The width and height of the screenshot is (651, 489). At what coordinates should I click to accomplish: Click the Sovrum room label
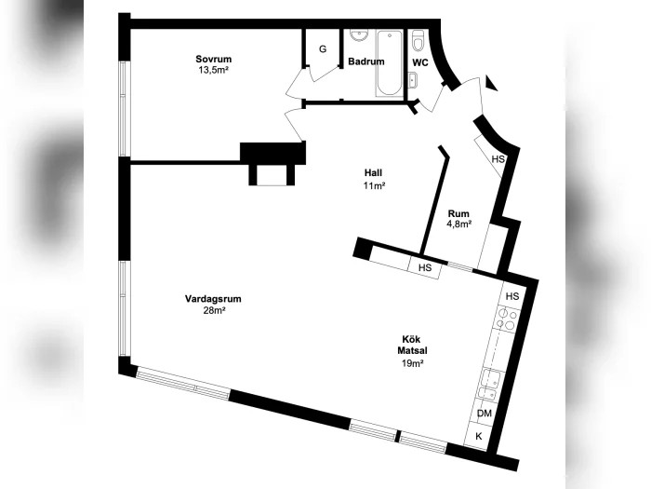pos(213,59)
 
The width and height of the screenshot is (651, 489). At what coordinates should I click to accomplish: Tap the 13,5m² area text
pos(213,70)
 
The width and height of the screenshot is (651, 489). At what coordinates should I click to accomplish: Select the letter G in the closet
pos(323,49)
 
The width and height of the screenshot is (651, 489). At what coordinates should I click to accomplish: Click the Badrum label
pos(366,61)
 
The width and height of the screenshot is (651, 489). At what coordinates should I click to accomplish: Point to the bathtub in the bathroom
pos(390,63)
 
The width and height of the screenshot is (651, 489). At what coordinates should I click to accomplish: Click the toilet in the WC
pos(418,40)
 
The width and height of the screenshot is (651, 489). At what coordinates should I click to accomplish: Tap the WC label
pos(420,62)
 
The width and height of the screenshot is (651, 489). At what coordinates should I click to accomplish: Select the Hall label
pos(373,172)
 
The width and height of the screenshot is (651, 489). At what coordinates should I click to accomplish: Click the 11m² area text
pos(374,186)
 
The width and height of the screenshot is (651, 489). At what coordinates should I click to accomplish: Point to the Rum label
pos(458,213)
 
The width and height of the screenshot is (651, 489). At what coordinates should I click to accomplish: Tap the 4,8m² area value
pos(458,224)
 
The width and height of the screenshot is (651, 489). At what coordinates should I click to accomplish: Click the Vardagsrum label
pos(213,299)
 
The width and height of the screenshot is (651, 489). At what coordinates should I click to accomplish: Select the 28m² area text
pos(214,310)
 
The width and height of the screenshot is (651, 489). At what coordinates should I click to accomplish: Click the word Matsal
pos(412,350)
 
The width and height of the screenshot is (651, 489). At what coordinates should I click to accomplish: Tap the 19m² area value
pos(412,363)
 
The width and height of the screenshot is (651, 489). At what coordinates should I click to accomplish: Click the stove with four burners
pos(507,319)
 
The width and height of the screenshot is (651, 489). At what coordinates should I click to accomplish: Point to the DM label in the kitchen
pos(485,414)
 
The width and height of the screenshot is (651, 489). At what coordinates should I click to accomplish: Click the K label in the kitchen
pos(479,436)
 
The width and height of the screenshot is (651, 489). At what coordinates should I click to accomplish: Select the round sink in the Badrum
pos(359,35)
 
